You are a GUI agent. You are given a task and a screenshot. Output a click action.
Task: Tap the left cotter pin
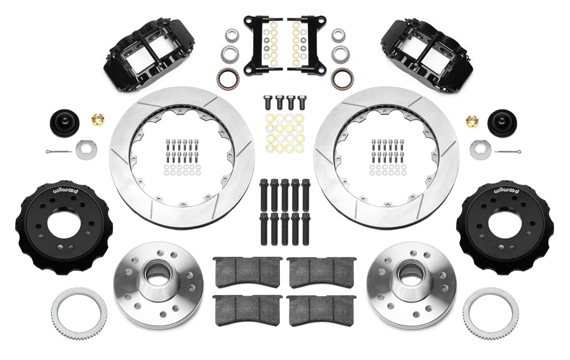click(x=59, y=152)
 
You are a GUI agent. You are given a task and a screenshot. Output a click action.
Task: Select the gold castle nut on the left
click(x=98, y=120)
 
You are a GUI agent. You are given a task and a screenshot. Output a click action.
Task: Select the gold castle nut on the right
click(x=472, y=120)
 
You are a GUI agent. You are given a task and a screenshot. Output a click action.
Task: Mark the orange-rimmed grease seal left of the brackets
click(x=228, y=79)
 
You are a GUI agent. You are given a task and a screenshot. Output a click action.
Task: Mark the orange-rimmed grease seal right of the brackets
click(x=342, y=79)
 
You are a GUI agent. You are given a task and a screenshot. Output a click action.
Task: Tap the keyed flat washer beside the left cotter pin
click(x=86, y=149)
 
